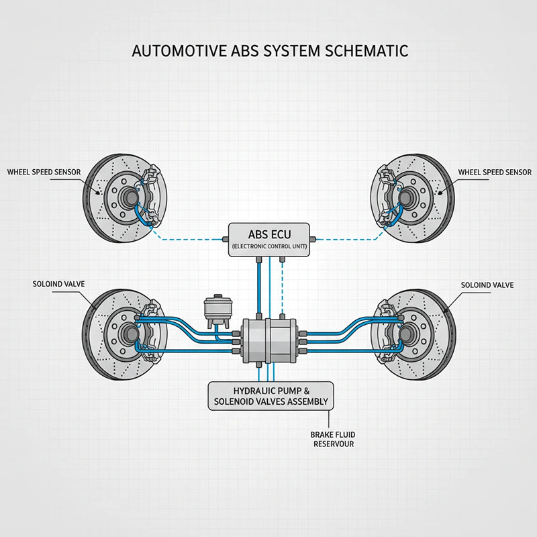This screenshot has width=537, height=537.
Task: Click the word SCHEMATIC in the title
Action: click(x=366, y=51)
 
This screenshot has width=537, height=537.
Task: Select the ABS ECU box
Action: click(x=269, y=240)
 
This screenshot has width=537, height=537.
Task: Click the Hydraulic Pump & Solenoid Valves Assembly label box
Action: click(x=271, y=396)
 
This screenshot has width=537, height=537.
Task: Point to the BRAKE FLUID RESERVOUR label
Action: click(x=332, y=439)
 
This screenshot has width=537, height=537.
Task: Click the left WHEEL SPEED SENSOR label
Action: click(x=44, y=172)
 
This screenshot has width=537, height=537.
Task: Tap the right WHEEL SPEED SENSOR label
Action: click(x=495, y=172)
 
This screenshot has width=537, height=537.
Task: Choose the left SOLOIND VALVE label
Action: click(x=58, y=284)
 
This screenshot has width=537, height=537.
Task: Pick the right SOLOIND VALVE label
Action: click(x=487, y=285)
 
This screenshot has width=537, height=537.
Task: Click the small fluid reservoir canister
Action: click(x=217, y=309)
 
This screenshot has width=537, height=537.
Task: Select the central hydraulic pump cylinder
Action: click(x=269, y=341)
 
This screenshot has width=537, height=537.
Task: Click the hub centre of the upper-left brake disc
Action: click(x=129, y=197)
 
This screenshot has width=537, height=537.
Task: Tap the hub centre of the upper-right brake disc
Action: click(x=406, y=197)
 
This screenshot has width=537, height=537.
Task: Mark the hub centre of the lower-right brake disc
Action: click(x=406, y=333)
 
